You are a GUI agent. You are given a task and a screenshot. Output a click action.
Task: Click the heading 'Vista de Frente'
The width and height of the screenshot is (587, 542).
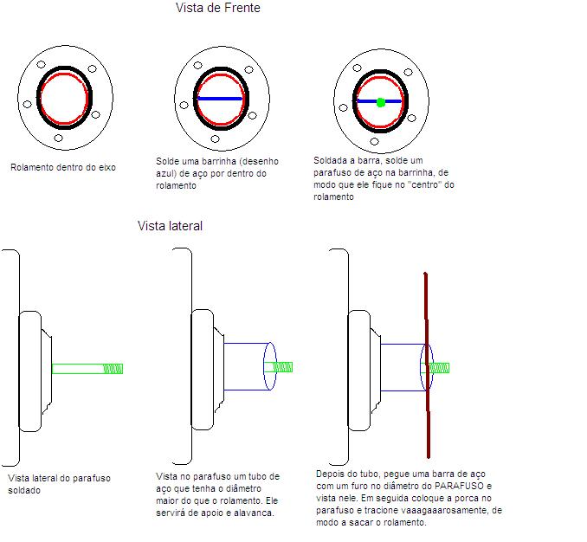[218, 8]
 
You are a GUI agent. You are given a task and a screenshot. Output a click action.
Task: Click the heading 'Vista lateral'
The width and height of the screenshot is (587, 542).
[170, 226]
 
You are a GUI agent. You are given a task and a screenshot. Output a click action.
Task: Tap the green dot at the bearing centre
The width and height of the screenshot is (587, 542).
[381, 102]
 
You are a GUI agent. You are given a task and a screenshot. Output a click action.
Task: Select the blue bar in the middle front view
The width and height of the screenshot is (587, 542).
[220, 99]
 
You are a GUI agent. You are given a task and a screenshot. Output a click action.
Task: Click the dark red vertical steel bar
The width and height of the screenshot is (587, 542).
[427, 365]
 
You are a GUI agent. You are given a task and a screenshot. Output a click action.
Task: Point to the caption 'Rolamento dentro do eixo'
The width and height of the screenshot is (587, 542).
[63, 167]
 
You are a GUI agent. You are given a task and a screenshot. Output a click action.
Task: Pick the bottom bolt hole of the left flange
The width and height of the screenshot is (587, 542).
[58, 139]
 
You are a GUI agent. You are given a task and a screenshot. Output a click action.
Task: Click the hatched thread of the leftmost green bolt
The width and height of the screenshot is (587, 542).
[113, 369]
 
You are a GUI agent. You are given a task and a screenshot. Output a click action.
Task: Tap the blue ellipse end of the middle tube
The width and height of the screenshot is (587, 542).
[270, 366]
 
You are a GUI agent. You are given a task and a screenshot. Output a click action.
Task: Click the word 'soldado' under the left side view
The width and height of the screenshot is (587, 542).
[24, 490]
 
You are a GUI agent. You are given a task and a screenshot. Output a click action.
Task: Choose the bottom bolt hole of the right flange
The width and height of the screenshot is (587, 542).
[374, 141]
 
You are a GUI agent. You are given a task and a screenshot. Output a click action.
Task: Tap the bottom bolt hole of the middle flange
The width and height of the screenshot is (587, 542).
[215, 139]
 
